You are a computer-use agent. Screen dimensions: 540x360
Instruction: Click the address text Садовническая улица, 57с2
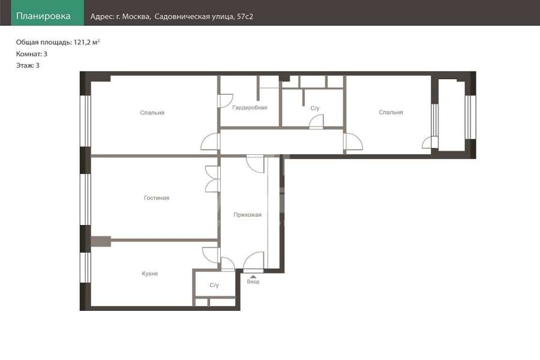(204, 17)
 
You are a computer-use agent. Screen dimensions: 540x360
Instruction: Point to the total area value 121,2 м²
(87, 43)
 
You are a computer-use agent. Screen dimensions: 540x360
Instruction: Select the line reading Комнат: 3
(32, 54)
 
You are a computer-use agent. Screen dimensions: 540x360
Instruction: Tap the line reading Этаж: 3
(28, 65)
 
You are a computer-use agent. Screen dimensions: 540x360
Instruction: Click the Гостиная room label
(157, 198)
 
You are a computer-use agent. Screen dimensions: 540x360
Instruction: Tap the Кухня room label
(150, 274)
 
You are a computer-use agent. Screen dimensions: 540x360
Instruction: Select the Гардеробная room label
(250, 107)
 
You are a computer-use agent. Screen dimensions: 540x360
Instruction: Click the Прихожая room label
(248, 215)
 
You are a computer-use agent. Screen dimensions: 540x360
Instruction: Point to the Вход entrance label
(253, 282)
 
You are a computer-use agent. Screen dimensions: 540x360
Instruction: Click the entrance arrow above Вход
(253, 277)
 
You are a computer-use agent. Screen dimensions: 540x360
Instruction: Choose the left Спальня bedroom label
(152, 113)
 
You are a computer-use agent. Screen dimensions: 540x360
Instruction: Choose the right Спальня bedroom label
(391, 112)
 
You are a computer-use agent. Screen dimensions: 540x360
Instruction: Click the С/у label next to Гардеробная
(315, 108)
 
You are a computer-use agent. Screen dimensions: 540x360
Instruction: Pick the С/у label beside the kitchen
(214, 285)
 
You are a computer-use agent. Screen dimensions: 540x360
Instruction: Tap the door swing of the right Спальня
(353, 142)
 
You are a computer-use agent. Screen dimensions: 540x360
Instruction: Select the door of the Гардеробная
(226, 100)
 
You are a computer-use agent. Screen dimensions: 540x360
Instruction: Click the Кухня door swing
(211, 255)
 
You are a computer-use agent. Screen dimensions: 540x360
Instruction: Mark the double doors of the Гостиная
(212, 179)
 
